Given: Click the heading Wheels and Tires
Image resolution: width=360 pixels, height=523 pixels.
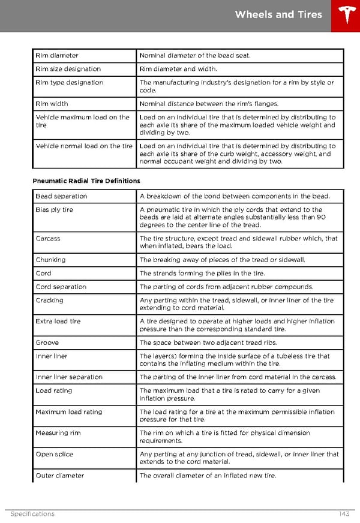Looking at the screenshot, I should coord(278,15).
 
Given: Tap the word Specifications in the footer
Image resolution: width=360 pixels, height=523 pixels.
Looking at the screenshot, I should coord(32,514).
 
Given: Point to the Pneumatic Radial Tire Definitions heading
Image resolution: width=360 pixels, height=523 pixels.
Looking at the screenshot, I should coord(86,181).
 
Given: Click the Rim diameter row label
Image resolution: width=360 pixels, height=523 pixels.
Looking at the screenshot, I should coord(57,56).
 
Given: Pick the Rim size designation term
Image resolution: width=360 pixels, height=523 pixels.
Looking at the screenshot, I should coord(68,69).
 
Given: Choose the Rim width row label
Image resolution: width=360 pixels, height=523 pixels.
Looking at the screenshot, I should coord(52,104).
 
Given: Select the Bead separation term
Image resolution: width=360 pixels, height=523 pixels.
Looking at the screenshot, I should coord(61,196).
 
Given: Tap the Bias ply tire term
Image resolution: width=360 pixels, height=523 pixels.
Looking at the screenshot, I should coord(54,210).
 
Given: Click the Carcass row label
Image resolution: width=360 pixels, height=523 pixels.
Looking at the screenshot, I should coord(48,239).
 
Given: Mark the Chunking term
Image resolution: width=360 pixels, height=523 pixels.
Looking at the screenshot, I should coord(50,260).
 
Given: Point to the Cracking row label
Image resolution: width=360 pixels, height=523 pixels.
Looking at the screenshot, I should coord(49,300).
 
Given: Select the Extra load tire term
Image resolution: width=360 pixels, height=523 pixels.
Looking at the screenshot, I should coord(58,321).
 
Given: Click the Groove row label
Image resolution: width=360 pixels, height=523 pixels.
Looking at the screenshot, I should coord(47,342).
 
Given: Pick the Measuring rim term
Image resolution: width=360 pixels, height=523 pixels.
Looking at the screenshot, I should coord(58,433).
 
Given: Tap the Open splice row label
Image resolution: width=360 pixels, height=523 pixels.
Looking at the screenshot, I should coord(54,454).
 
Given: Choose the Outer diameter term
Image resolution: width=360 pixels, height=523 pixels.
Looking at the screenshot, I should coord(59,476).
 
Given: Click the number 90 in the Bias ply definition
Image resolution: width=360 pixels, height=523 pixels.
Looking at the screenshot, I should coord(320,218).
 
